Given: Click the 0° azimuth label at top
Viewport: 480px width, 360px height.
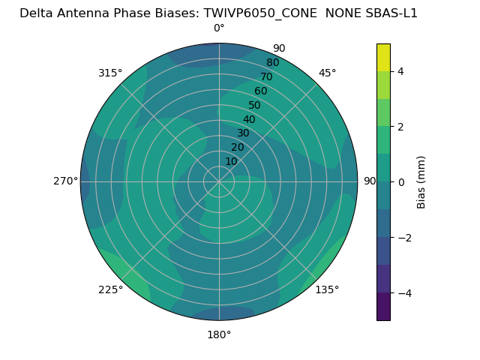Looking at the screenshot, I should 219,28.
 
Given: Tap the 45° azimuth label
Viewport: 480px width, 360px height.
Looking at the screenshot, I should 327,73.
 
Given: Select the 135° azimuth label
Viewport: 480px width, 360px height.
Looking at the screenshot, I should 327,289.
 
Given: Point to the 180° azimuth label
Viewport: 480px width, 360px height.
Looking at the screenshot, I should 219,334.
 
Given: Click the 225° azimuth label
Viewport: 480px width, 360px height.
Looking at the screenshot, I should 110,289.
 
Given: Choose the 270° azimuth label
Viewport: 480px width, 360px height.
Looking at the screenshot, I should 66,181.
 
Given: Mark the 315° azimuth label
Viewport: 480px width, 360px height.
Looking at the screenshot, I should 110,73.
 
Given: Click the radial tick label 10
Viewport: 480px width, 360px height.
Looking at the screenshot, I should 231,161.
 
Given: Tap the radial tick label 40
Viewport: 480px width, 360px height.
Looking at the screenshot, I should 249,119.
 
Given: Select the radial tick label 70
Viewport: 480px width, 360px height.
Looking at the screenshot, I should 266,76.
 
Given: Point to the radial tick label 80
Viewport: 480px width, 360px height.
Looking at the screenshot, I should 272,63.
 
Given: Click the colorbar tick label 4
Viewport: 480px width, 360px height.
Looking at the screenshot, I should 400,71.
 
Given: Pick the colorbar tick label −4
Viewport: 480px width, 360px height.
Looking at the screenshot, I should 403,293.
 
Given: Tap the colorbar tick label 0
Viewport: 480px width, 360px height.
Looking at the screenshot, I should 400,182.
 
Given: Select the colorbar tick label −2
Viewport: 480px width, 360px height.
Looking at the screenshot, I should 403,238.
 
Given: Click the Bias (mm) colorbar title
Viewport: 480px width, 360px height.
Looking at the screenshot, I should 421,182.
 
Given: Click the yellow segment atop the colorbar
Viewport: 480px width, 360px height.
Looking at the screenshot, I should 383,57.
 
